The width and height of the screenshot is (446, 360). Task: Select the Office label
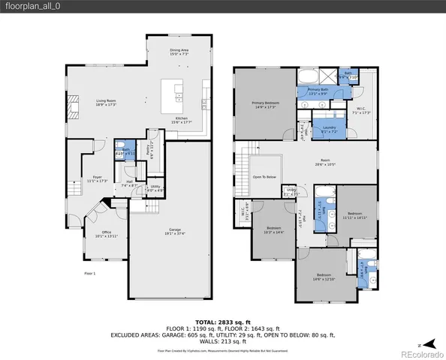point(107,234)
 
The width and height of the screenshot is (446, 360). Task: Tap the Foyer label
point(98,178)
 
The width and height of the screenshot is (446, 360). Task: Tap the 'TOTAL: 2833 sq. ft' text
point(222,321)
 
